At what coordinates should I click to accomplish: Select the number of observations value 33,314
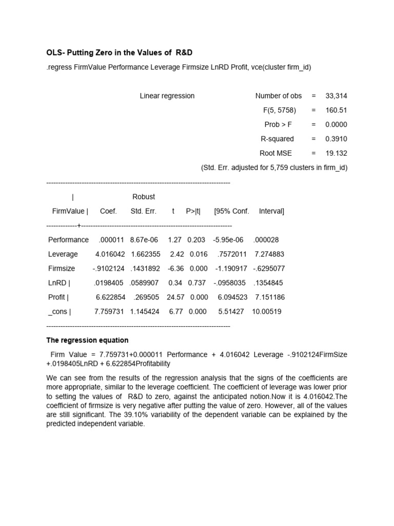(336, 96)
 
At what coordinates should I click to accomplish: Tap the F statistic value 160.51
(336, 110)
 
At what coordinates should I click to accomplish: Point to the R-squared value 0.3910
(336, 139)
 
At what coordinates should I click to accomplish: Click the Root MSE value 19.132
(336, 154)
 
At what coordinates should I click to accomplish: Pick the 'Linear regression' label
(167, 96)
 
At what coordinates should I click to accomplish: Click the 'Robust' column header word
(144, 197)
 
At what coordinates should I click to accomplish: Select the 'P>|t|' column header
(193, 211)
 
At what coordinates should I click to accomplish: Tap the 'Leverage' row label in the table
(63, 254)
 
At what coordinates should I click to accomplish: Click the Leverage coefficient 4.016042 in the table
(110, 254)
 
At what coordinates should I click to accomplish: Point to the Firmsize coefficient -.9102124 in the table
(108, 269)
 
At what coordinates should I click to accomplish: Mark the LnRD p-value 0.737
(198, 283)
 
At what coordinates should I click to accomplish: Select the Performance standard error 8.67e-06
(144, 240)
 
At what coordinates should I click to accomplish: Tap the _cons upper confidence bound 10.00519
(267, 312)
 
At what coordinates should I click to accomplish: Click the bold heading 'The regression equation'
(87, 341)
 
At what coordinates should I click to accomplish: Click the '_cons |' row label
(60, 312)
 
